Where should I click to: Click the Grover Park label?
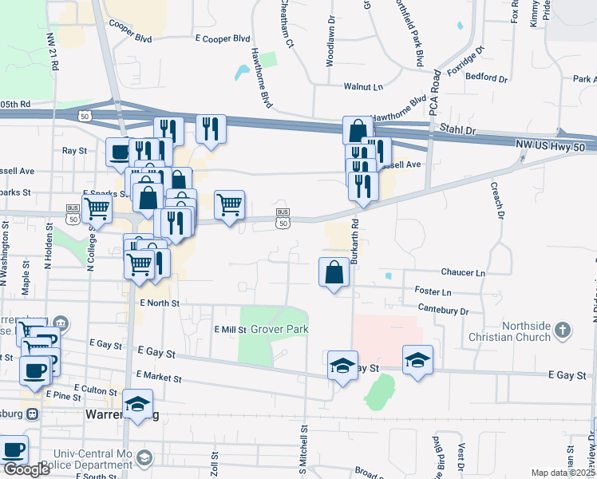tap(279, 329)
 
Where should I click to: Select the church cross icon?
tap(563, 330)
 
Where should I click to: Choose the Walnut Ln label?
tap(363, 85)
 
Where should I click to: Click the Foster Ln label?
tap(433, 291)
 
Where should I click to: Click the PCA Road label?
tap(436, 92)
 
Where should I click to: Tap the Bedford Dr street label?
tap(488, 78)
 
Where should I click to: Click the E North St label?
tap(160, 303)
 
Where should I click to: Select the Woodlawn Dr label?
tap(330, 40)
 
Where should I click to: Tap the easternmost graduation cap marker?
tap(417, 360)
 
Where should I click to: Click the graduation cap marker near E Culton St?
tap(138, 404)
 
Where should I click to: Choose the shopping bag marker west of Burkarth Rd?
tap(334, 273)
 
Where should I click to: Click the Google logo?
tap(26, 469)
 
